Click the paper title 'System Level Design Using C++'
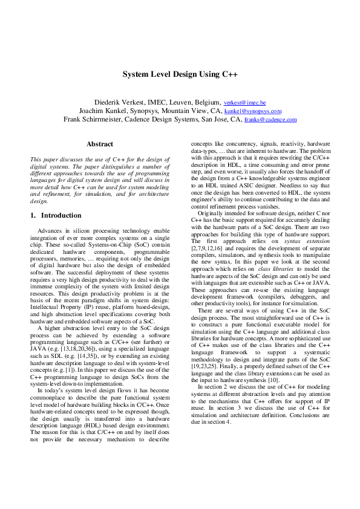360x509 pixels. point(180,75)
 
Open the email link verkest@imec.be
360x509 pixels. point(244,103)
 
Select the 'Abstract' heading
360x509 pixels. point(100,144)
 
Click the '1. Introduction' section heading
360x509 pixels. point(56,215)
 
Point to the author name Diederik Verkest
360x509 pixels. point(119,103)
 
